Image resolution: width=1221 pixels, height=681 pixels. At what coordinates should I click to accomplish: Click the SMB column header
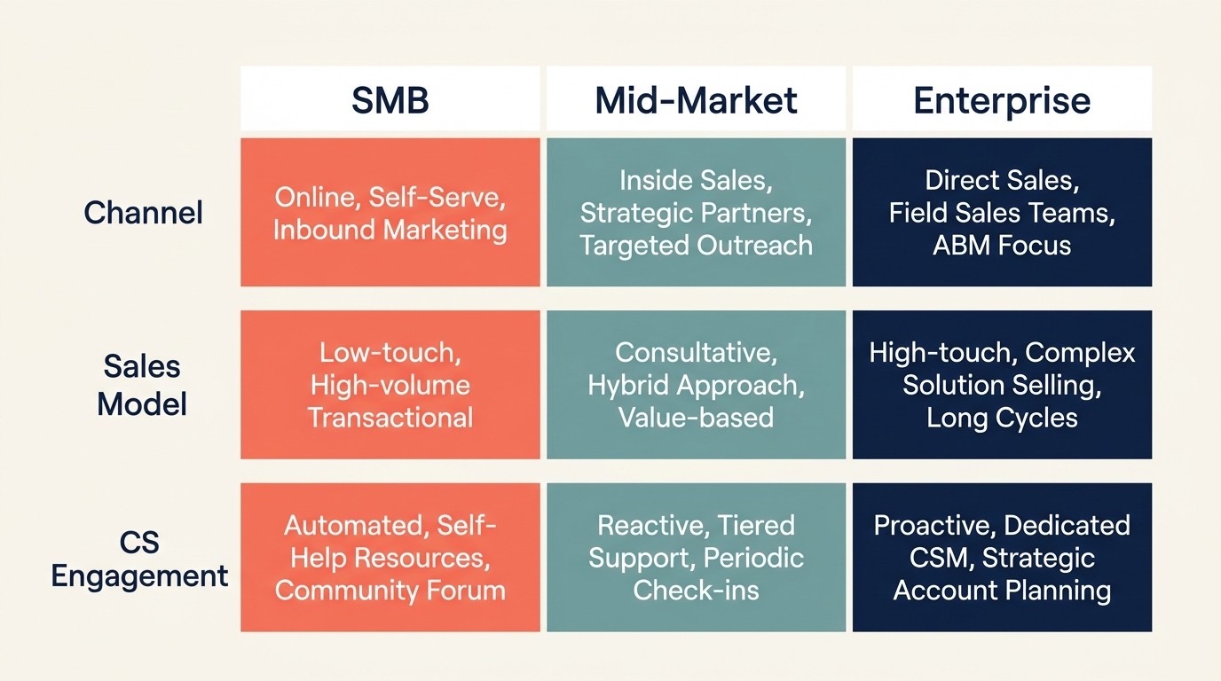(390, 99)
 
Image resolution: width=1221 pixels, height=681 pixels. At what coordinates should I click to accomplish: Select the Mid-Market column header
(696, 99)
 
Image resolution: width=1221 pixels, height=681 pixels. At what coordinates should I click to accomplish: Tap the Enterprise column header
(1002, 99)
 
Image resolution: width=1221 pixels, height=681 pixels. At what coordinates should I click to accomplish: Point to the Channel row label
(143, 212)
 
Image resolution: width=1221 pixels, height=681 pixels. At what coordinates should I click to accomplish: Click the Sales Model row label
(142, 385)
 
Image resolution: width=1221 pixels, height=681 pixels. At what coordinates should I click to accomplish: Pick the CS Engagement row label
(140, 559)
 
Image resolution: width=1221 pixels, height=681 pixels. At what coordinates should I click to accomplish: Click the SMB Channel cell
(390, 212)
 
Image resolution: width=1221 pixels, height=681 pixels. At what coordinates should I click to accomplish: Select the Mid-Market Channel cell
(696, 212)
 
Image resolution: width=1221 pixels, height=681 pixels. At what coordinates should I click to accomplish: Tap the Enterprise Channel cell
(1002, 212)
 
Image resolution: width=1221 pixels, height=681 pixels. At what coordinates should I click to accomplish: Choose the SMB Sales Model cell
(390, 385)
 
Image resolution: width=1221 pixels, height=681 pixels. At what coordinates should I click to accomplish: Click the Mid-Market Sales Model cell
(696, 385)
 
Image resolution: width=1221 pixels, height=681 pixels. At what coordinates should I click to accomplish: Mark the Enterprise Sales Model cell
(1002, 385)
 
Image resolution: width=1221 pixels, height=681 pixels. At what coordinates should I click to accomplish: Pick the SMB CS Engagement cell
(390, 558)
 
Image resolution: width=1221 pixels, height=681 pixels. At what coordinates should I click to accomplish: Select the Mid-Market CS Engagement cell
(696, 558)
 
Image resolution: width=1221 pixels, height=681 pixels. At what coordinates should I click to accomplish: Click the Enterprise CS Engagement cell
(1002, 558)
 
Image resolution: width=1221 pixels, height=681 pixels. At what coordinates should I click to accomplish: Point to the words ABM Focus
(1002, 245)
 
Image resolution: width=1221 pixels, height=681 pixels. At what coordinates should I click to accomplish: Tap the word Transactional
(390, 417)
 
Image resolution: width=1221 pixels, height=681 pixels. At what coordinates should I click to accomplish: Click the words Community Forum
(390, 590)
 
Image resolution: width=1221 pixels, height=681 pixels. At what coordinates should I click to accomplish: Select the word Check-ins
(696, 590)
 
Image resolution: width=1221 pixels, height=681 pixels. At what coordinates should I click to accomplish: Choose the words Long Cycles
(1002, 417)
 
